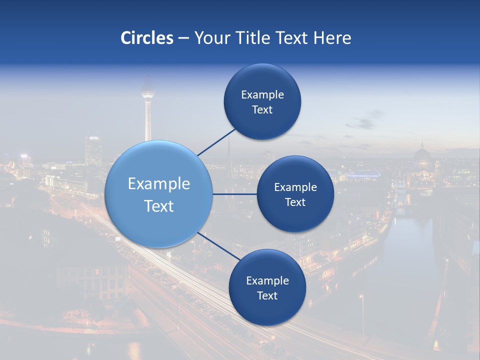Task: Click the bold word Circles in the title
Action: click(146, 38)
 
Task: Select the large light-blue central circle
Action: click(158, 194)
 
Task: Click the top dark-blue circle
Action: click(262, 101)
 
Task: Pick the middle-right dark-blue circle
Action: click(295, 194)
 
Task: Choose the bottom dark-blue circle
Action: click(267, 287)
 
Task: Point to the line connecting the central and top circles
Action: click(216, 142)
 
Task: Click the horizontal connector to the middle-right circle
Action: click(235, 194)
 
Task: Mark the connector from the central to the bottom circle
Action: click(218, 246)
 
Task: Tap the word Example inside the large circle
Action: click(158, 183)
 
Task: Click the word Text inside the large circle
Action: click(158, 205)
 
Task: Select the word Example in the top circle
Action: click(262, 94)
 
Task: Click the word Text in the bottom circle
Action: click(267, 295)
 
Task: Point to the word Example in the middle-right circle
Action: click(295, 187)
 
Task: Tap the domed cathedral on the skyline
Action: click(421, 156)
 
